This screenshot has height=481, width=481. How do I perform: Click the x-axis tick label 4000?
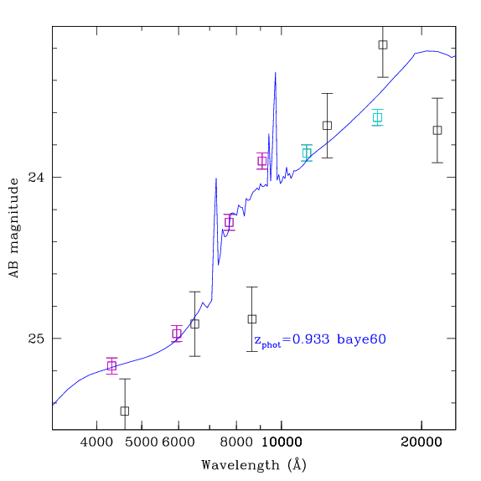click(x=96, y=442)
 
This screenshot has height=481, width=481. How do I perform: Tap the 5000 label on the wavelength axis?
click(x=142, y=442)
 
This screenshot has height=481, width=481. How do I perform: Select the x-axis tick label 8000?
click(x=236, y=442)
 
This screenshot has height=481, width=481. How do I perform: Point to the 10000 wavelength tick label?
click(x=282, y=442)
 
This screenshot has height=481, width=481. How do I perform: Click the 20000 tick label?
click(x=422, y=442)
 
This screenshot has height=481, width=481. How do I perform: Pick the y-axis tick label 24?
click(x=36, y=177)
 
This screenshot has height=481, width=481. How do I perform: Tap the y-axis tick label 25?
click(x=36, y=339)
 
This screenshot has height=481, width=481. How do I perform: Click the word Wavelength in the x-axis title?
click(x=240, y=465)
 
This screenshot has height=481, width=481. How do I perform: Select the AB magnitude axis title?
click(x=13, y=228)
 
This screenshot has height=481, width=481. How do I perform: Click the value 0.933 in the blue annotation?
click(x=311, y=339)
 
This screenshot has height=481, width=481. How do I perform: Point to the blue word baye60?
click(x=361, y=339)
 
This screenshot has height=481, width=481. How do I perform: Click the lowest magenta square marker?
click(x=111, y=366)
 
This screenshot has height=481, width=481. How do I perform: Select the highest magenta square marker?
click(x=262, y=161)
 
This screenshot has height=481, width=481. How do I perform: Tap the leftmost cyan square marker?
click(x=307, y=153)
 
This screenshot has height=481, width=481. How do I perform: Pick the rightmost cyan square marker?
click(x=378, y=117)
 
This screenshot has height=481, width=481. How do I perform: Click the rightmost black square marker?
click(x=437, y=131)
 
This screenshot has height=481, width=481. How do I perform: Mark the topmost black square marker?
click(x=383, y=44)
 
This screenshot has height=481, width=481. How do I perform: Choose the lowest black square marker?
click(x=125, y=411)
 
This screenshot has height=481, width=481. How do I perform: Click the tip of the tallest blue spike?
click(x=276, y=72)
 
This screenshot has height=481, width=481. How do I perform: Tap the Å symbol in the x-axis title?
click(x=297, y=464)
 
